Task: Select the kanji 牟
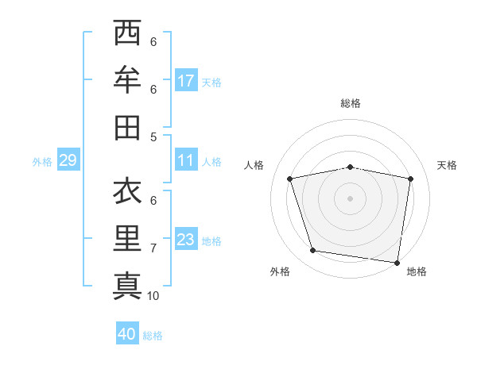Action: (x=128, y=80)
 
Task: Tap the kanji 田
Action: (x=128, y=127)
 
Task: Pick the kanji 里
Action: (x=128, y=238)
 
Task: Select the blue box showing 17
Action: (x=186, y=81)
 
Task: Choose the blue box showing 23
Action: (x=186, y=240)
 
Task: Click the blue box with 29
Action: (x=68, y=161)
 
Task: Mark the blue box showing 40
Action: (x=127, y=335)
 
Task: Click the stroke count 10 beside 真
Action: (x=153, y=296)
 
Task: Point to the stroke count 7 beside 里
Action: (x=153, y=248)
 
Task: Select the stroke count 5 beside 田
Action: (x=153, y=137)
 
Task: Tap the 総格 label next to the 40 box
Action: (x=153, y=336)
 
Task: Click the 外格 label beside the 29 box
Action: (x=42, y=162)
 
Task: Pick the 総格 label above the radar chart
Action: (x=351, y=103)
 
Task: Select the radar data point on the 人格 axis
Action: (x=290, y=179)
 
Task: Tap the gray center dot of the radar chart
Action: (x=350, y=198)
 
